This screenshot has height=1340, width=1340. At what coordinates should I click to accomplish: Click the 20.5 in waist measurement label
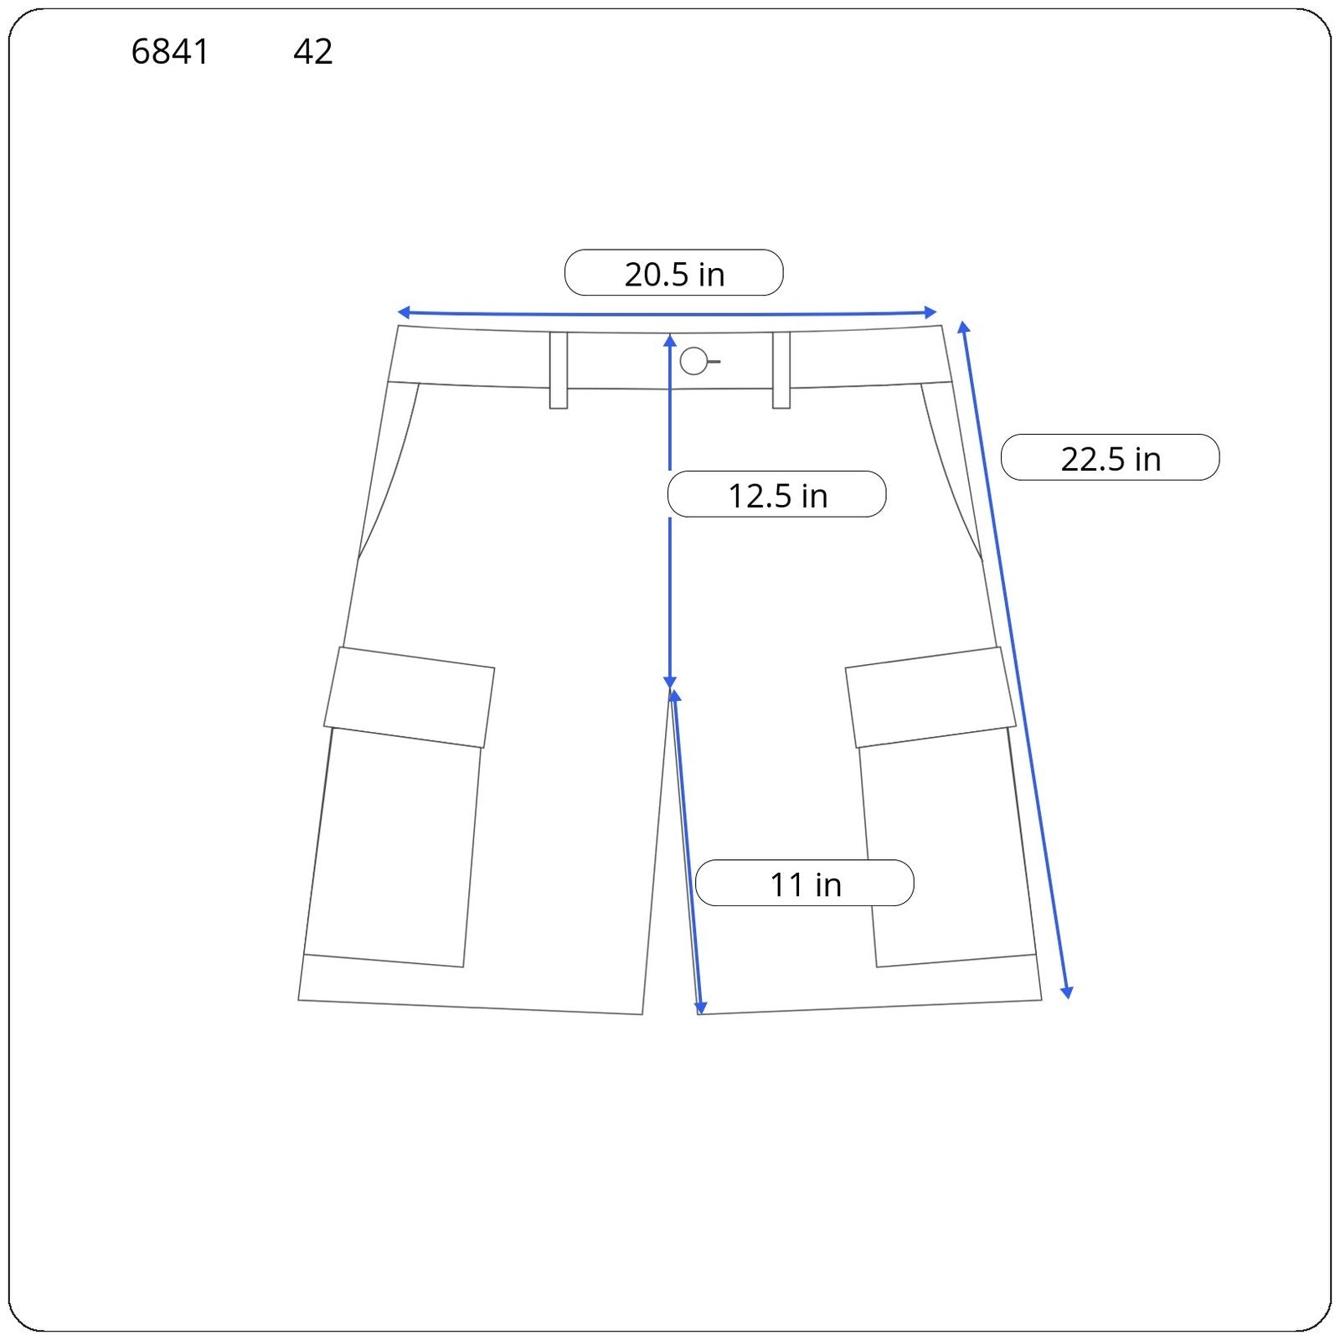click(x=674, y=274)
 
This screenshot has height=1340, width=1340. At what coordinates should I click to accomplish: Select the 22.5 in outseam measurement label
click(x=1111, y=458)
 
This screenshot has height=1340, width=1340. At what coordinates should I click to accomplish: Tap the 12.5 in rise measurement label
click(x=777, y=495)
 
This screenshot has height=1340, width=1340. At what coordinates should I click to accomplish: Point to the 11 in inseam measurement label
click(x=805, y=884)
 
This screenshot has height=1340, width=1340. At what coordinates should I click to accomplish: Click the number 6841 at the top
click(x=170, y=52)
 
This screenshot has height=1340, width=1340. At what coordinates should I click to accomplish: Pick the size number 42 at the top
click(x=313, y=52)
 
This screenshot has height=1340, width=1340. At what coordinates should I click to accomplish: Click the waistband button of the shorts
click(x=693, y=361)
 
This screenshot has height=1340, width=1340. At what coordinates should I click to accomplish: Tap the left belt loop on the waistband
click(x=559, y=370)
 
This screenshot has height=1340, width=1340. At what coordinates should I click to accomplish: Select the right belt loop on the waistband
click(x=781, y=370)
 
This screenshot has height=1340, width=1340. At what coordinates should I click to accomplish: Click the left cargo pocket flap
click(x=410, y=697)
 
